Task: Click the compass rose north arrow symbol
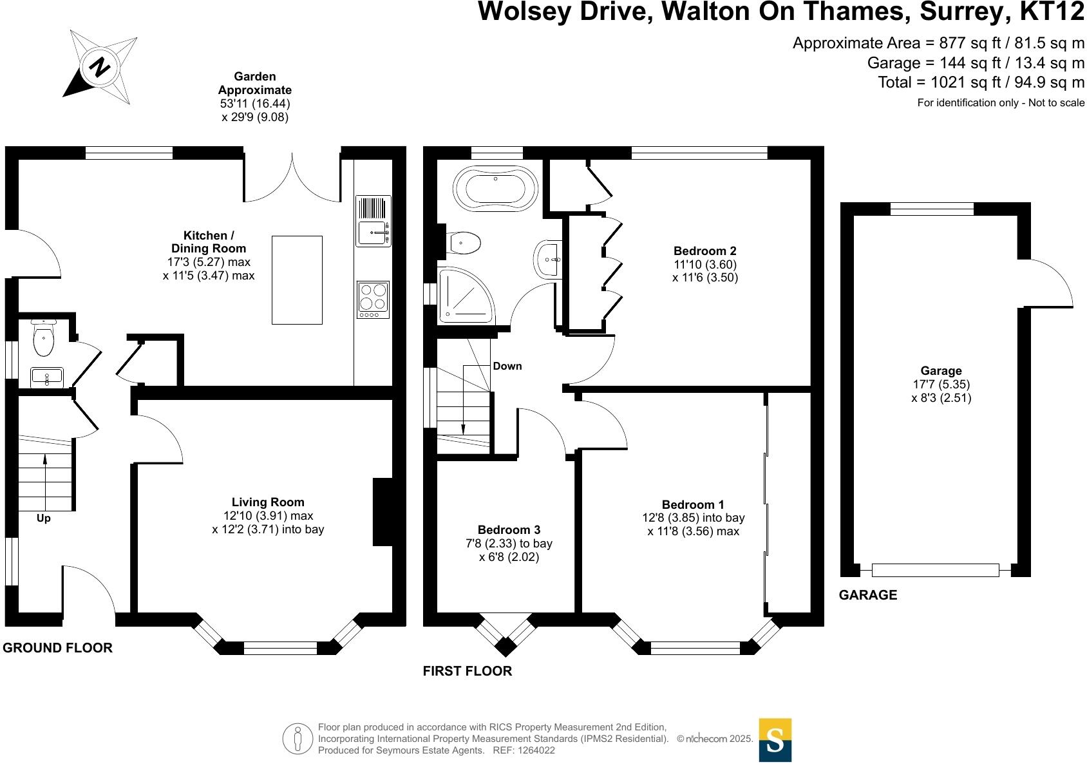click(x=100, y=66)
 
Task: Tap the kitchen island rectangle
click(x=297, y=280)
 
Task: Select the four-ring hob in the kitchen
click(x=373, y=299)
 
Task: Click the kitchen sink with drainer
click(x=373, y=221)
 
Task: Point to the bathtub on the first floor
click(x=495, y=189)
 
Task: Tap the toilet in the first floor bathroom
click(x=465, y=243)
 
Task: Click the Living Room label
click(x=268, y=502)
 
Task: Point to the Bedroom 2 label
click(x=704, y=251)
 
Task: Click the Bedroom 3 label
click(x=509, y=529)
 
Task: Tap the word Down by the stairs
click(x=507, y=366)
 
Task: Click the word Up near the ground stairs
click(x=43, y=518)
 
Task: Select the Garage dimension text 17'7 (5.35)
click(x=941, y=384)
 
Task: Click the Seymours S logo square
click(x=775, y=740)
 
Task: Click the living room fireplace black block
click(x=383, y=512)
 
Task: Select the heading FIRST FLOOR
click(x=467, y=670)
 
